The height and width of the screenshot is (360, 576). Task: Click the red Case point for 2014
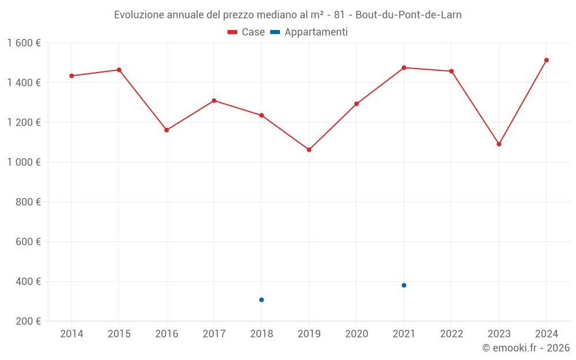click(71, 75)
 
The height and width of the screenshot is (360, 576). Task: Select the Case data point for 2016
click(166, 130)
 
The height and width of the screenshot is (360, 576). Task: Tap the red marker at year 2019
click(309, 150)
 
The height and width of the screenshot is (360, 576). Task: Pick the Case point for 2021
click(404, 67)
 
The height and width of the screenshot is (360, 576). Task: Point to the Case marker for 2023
click(499, 144)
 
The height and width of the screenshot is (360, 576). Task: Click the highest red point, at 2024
click(546, 60)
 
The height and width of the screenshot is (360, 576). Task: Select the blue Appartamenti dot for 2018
click(262, 300)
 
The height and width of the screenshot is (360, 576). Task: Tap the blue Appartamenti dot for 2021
click(404, 285)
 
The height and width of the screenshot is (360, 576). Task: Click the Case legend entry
click(247, 32)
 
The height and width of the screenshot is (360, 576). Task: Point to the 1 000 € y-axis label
click(24, 162)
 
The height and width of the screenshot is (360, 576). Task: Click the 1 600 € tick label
click(24, 43)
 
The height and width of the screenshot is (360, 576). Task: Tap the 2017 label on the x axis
click(214, 334)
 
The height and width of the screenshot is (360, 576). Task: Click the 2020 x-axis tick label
click(357, 334)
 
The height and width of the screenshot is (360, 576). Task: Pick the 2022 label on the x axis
click(452, 334)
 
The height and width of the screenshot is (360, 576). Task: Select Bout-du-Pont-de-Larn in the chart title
click(408, 15)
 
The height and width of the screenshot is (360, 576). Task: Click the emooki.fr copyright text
click(526, 348)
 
